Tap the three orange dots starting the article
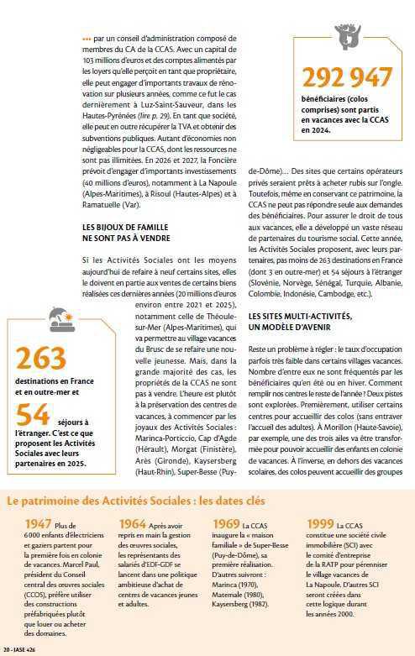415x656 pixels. pyautogui.click(x=87, y=38)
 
